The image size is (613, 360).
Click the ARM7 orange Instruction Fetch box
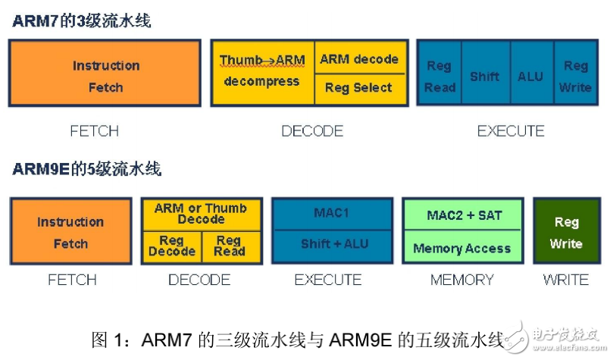click(105, 76)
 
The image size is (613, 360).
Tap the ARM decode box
click(358, 58)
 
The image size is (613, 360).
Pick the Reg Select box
click(358, 88)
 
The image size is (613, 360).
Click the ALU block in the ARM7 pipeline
click(530, 77)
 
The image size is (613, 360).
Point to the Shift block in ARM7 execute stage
click(484, 77)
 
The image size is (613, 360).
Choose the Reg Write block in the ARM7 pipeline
click(575, 77)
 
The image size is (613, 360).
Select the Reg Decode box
click(172, 246)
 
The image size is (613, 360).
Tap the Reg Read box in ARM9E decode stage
click(229, 246)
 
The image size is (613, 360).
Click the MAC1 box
click(332, 213)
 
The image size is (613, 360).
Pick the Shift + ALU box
click(332, 245)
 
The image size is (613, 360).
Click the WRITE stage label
click(565, 280)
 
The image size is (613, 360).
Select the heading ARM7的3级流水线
click(82, 20)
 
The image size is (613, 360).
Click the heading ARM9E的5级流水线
click(87, 168)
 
